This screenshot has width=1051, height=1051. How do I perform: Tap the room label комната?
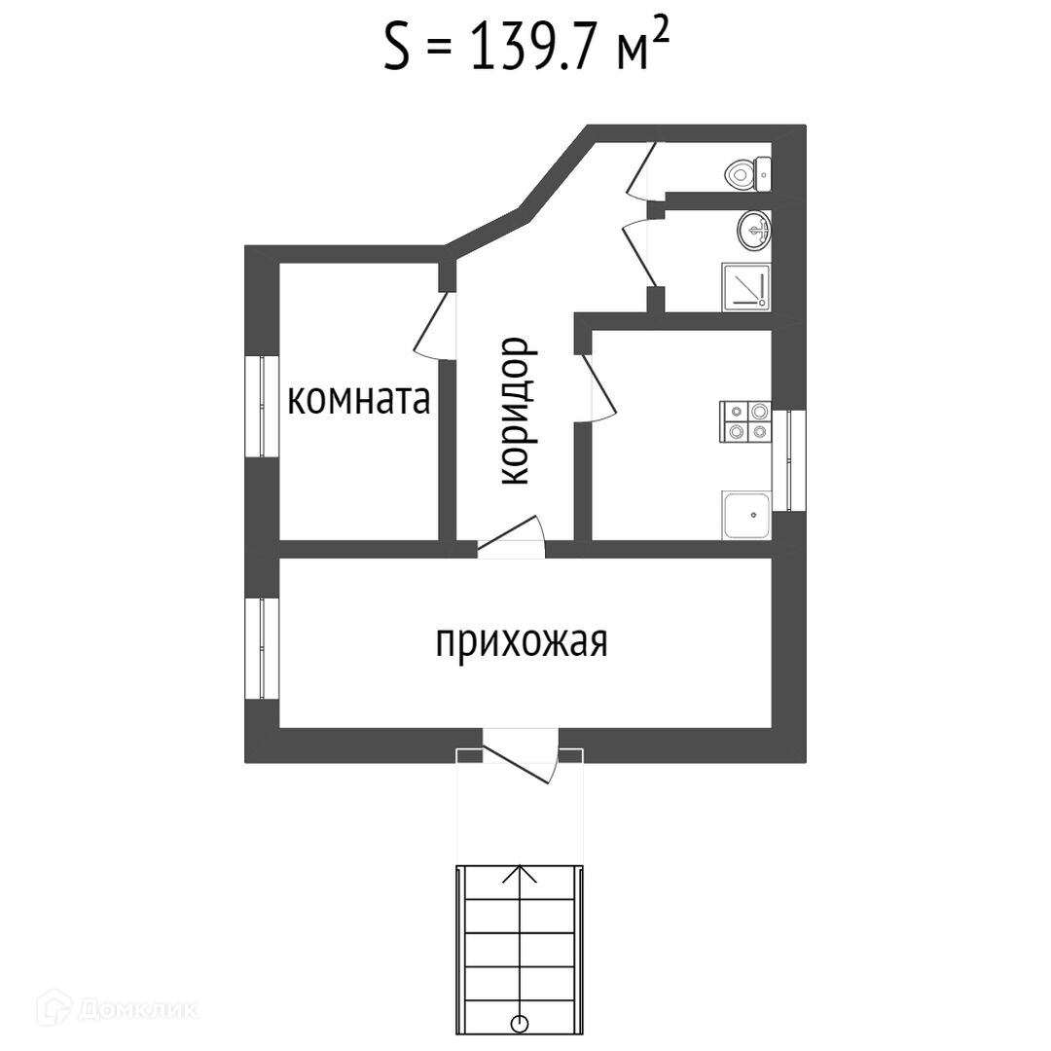point(359,400)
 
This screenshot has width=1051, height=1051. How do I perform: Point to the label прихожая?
point(521,643)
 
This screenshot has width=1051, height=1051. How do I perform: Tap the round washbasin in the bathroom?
point(754,230)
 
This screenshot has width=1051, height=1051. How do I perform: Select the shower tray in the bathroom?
point(745,287)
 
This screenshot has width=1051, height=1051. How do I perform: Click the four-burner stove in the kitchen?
point(744,422)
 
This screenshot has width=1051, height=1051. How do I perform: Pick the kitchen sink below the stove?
point(745,515)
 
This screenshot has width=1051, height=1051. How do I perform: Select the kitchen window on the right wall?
point(795,460)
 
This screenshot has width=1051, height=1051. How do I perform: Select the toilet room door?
point(642,169)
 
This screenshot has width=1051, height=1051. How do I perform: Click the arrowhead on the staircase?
point(521,873)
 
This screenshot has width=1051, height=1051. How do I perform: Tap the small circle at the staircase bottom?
point(521,1023)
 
